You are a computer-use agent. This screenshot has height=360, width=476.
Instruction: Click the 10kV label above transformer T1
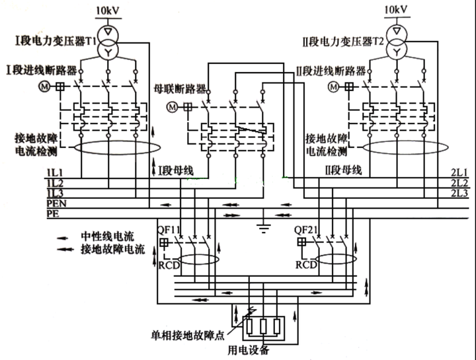[108, 11]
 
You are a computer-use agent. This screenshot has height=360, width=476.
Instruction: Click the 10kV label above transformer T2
[396, 10]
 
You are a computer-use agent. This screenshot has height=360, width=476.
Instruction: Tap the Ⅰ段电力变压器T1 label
[56, 41]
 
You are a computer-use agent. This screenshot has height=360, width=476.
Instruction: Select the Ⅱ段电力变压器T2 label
[343, 42]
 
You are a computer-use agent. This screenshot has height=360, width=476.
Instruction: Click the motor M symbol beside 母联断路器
[173, 107]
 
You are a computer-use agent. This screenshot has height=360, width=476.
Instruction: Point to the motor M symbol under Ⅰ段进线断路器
[44, 87]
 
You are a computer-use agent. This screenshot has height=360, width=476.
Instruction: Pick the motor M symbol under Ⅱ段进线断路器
[333, 87]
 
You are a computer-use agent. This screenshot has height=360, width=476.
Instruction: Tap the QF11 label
[169, 230]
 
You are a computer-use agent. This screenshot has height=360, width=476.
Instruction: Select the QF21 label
[305, 230]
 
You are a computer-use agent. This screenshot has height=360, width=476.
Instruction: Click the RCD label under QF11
[169, 265]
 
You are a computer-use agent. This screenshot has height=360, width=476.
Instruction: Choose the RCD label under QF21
[306, 265]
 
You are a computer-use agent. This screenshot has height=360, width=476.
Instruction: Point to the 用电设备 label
[249, 350]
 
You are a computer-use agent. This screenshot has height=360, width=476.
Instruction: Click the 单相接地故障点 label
[188, 335]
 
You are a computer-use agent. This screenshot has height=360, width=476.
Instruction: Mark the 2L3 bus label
[459, 193]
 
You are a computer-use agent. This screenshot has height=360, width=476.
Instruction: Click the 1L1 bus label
[55, 172]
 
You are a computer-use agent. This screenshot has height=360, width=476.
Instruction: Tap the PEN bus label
[56, 203]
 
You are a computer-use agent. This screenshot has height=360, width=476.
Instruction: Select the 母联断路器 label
[180, 89]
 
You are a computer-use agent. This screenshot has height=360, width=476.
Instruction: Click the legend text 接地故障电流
[113, 249]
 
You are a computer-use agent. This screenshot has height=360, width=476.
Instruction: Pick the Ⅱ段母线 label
[343, 170]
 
